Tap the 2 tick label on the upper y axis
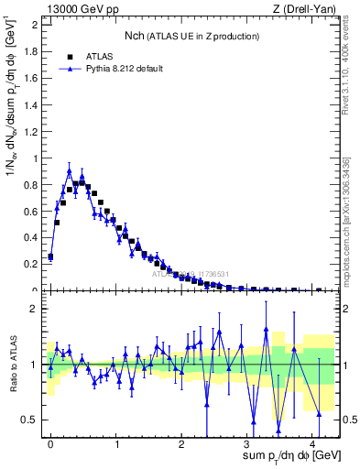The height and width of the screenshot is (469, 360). point(35,25)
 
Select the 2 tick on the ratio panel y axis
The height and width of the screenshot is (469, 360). point(35,309)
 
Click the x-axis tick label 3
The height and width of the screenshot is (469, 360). point(248,442)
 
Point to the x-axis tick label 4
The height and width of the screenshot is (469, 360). point(313,442)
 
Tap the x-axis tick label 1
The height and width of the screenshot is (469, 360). point(117,442)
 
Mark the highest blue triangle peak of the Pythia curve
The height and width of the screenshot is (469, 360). point(69,170)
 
